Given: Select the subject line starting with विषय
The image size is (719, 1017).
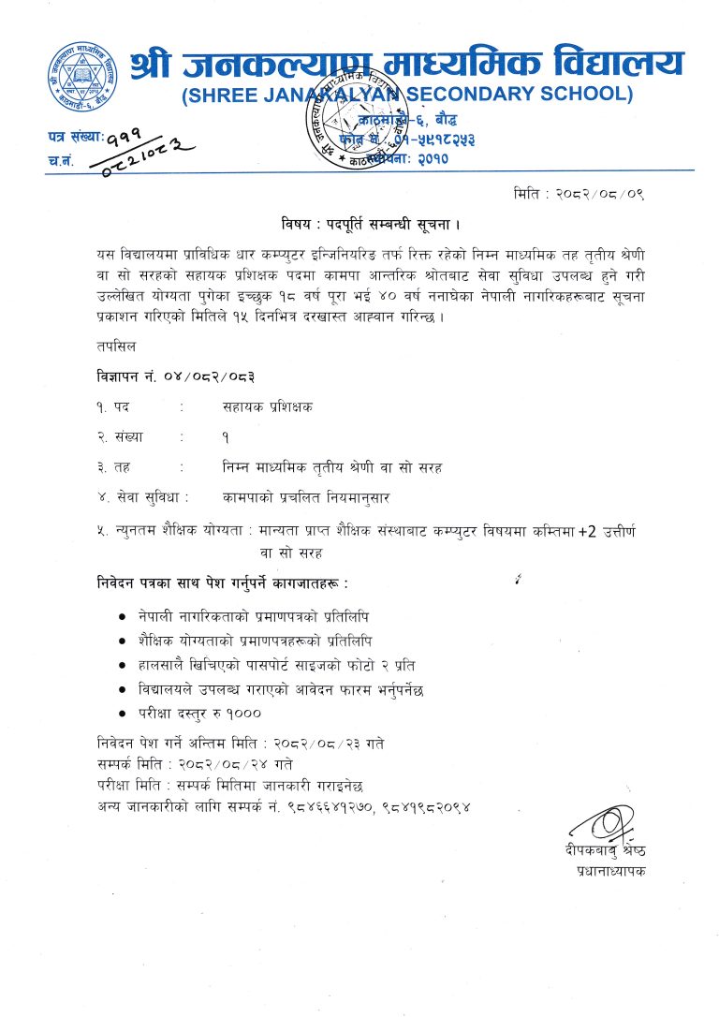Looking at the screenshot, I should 371,225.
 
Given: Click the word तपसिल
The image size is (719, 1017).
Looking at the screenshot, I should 114,346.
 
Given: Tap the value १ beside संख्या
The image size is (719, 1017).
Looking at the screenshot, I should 226,436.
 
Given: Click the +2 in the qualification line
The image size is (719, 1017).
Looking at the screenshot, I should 586,531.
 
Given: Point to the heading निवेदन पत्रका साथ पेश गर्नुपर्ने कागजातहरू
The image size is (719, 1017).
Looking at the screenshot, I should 222,582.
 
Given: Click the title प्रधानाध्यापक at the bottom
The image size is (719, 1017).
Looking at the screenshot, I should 611,871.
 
